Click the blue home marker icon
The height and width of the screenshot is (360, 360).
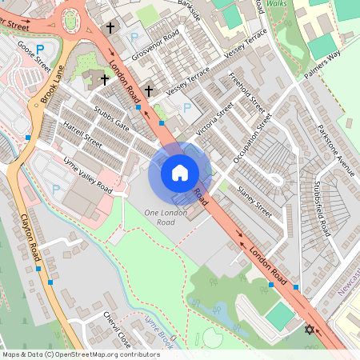[x=180, y=172]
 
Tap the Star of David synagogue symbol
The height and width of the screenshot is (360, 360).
[x=310, y=329]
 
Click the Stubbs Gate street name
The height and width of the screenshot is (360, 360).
[x=111, y=118]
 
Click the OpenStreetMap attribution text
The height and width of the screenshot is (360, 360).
[x=80, y=354]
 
